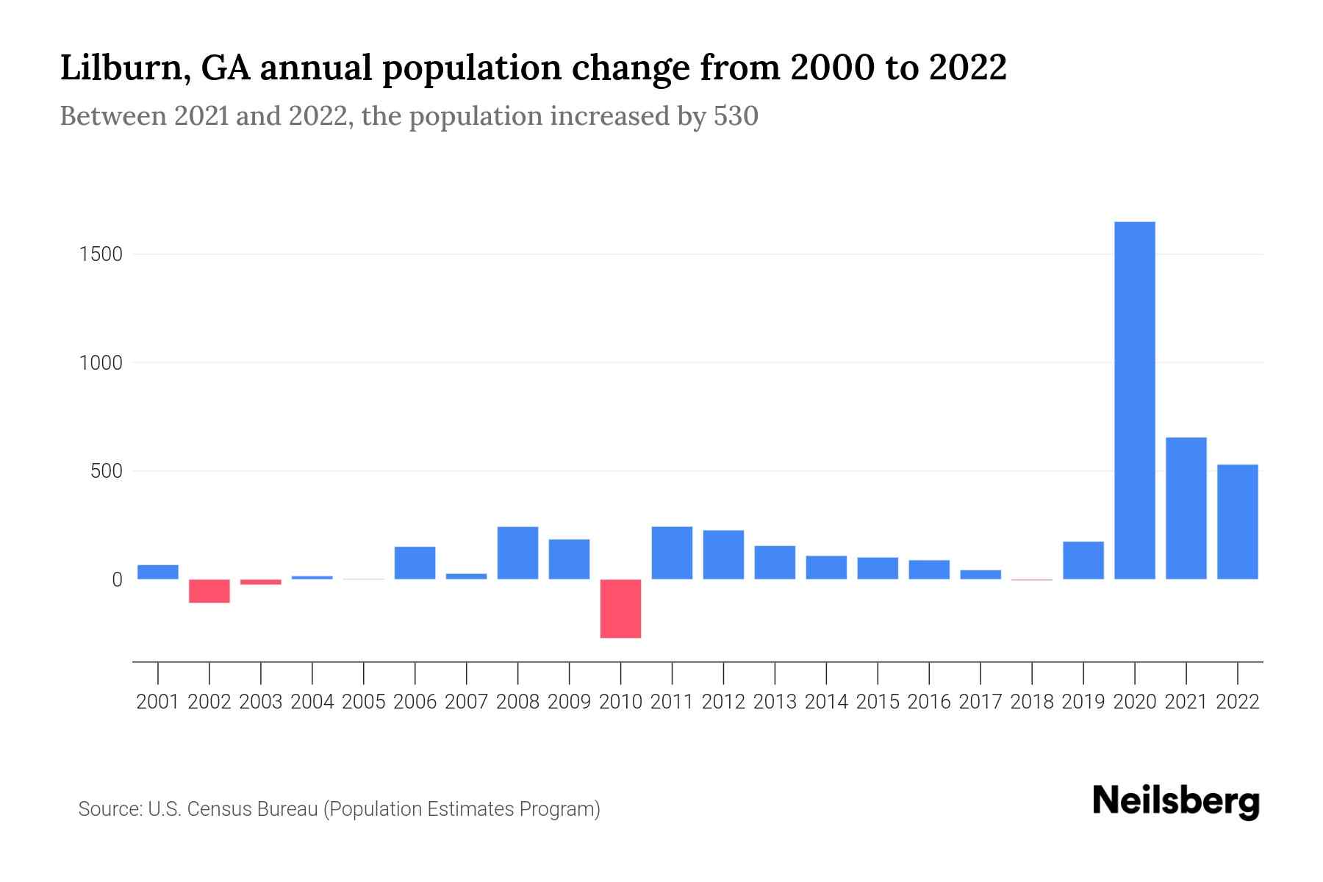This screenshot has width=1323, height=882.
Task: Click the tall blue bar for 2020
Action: tap(1134, 401)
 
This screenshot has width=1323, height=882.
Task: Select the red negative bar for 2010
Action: tap(620, 609)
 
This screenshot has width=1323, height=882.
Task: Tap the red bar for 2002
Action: tap(209, 591)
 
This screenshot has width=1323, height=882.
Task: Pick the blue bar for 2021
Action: tap(1186, 509)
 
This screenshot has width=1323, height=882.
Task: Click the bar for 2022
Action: tap(1237, 522)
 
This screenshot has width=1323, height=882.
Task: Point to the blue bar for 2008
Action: tap(517, 553)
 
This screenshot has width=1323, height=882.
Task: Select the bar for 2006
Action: tap(415, 563)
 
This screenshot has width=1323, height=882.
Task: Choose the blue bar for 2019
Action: tap(1083, 560)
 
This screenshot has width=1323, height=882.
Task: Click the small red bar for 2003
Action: tap(261, 582)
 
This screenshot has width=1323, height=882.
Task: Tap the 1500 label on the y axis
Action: tap(101, 254)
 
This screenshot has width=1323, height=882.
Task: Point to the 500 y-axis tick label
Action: tap(107, 471)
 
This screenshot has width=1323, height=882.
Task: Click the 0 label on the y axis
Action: tap(117, 580)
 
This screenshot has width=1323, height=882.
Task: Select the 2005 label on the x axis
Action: tap(364, 702)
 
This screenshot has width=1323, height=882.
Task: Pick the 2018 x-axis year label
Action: tap(1031, 702)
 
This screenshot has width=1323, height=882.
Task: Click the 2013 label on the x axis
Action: tap(775, 702)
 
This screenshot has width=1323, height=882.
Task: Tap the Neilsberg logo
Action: tap(1175, 801)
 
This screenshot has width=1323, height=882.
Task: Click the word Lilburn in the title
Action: tap(121, 68)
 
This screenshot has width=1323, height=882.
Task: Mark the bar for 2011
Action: tap(672, 553)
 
